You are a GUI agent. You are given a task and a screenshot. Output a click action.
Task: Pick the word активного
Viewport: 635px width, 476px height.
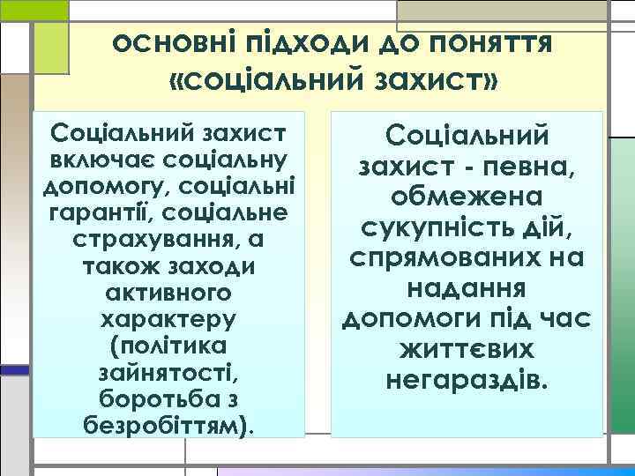(168, 289)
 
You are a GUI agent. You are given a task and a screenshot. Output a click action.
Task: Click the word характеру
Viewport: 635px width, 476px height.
(168, 315)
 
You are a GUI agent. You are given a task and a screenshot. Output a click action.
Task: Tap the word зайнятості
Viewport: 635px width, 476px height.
(168, 365)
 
